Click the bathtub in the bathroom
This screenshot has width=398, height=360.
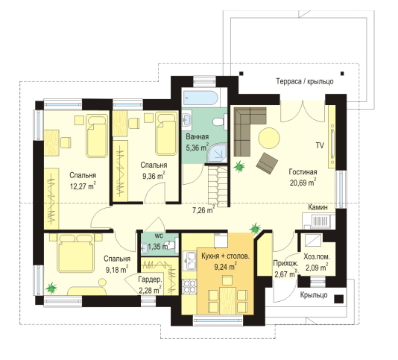coord(200,98)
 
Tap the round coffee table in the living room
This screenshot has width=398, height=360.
coord(269,138)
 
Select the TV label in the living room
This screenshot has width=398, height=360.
coord(320,145)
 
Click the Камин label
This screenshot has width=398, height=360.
coord(318,207)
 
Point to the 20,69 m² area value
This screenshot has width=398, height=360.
coord(303,183)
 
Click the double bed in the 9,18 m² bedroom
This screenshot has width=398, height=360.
coord(75,253)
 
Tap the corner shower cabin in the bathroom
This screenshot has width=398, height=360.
coord(217,152)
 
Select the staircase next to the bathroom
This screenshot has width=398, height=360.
coord(218,185)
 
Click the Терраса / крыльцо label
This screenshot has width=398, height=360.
coord(305,81)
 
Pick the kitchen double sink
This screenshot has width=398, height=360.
coord(190,261)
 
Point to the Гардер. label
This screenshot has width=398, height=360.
coord(150,280)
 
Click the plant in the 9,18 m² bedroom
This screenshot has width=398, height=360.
coord(51,288)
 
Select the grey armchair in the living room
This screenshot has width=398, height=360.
coord(267,163)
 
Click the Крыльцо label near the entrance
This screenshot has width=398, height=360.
coord(314,295)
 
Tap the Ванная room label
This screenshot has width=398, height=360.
coord(198,136)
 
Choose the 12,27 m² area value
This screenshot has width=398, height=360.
coord(83,186)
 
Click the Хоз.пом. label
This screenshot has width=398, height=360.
coord(317,256)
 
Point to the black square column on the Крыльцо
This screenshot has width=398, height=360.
coord(339,299)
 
